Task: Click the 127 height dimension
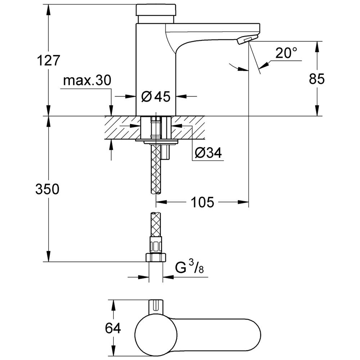[49, 60]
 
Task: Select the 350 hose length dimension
[47, 189]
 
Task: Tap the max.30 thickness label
[87, 80]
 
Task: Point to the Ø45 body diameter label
[156, 96]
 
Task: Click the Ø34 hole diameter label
[208, 152]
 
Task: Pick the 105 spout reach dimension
[202, 202]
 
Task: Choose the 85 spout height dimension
[317, 79]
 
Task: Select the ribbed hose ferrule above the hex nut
[156, 245]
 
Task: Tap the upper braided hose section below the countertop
[156, 169]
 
